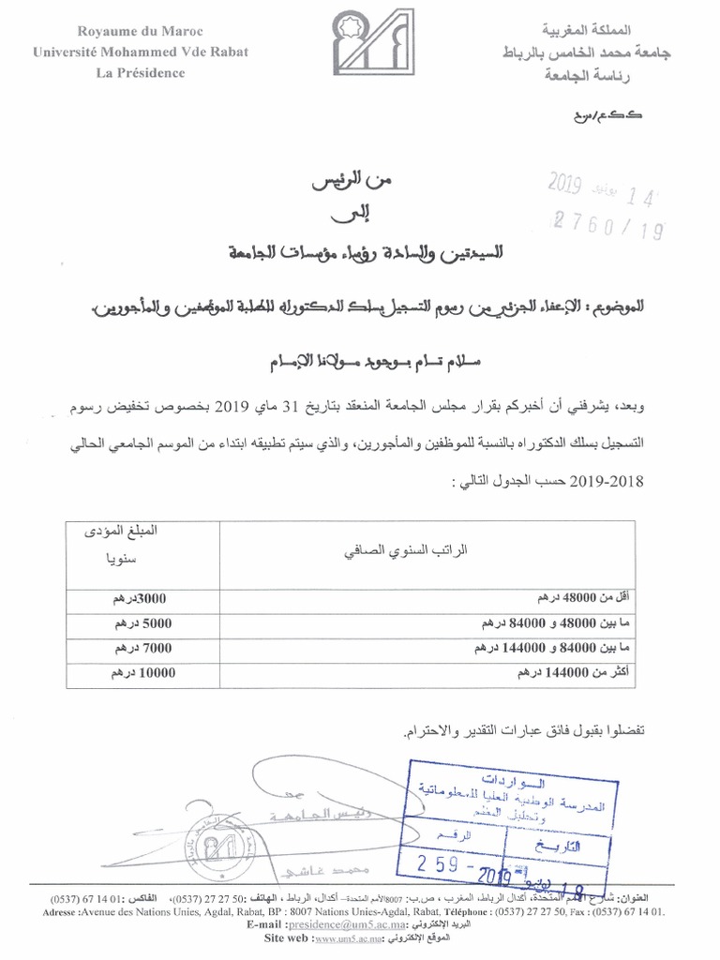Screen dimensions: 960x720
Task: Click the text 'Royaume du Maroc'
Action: pyautogui.click(x=142, y=34)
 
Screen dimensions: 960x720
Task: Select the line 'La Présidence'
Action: pyautogui.click(x=142, y=74)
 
